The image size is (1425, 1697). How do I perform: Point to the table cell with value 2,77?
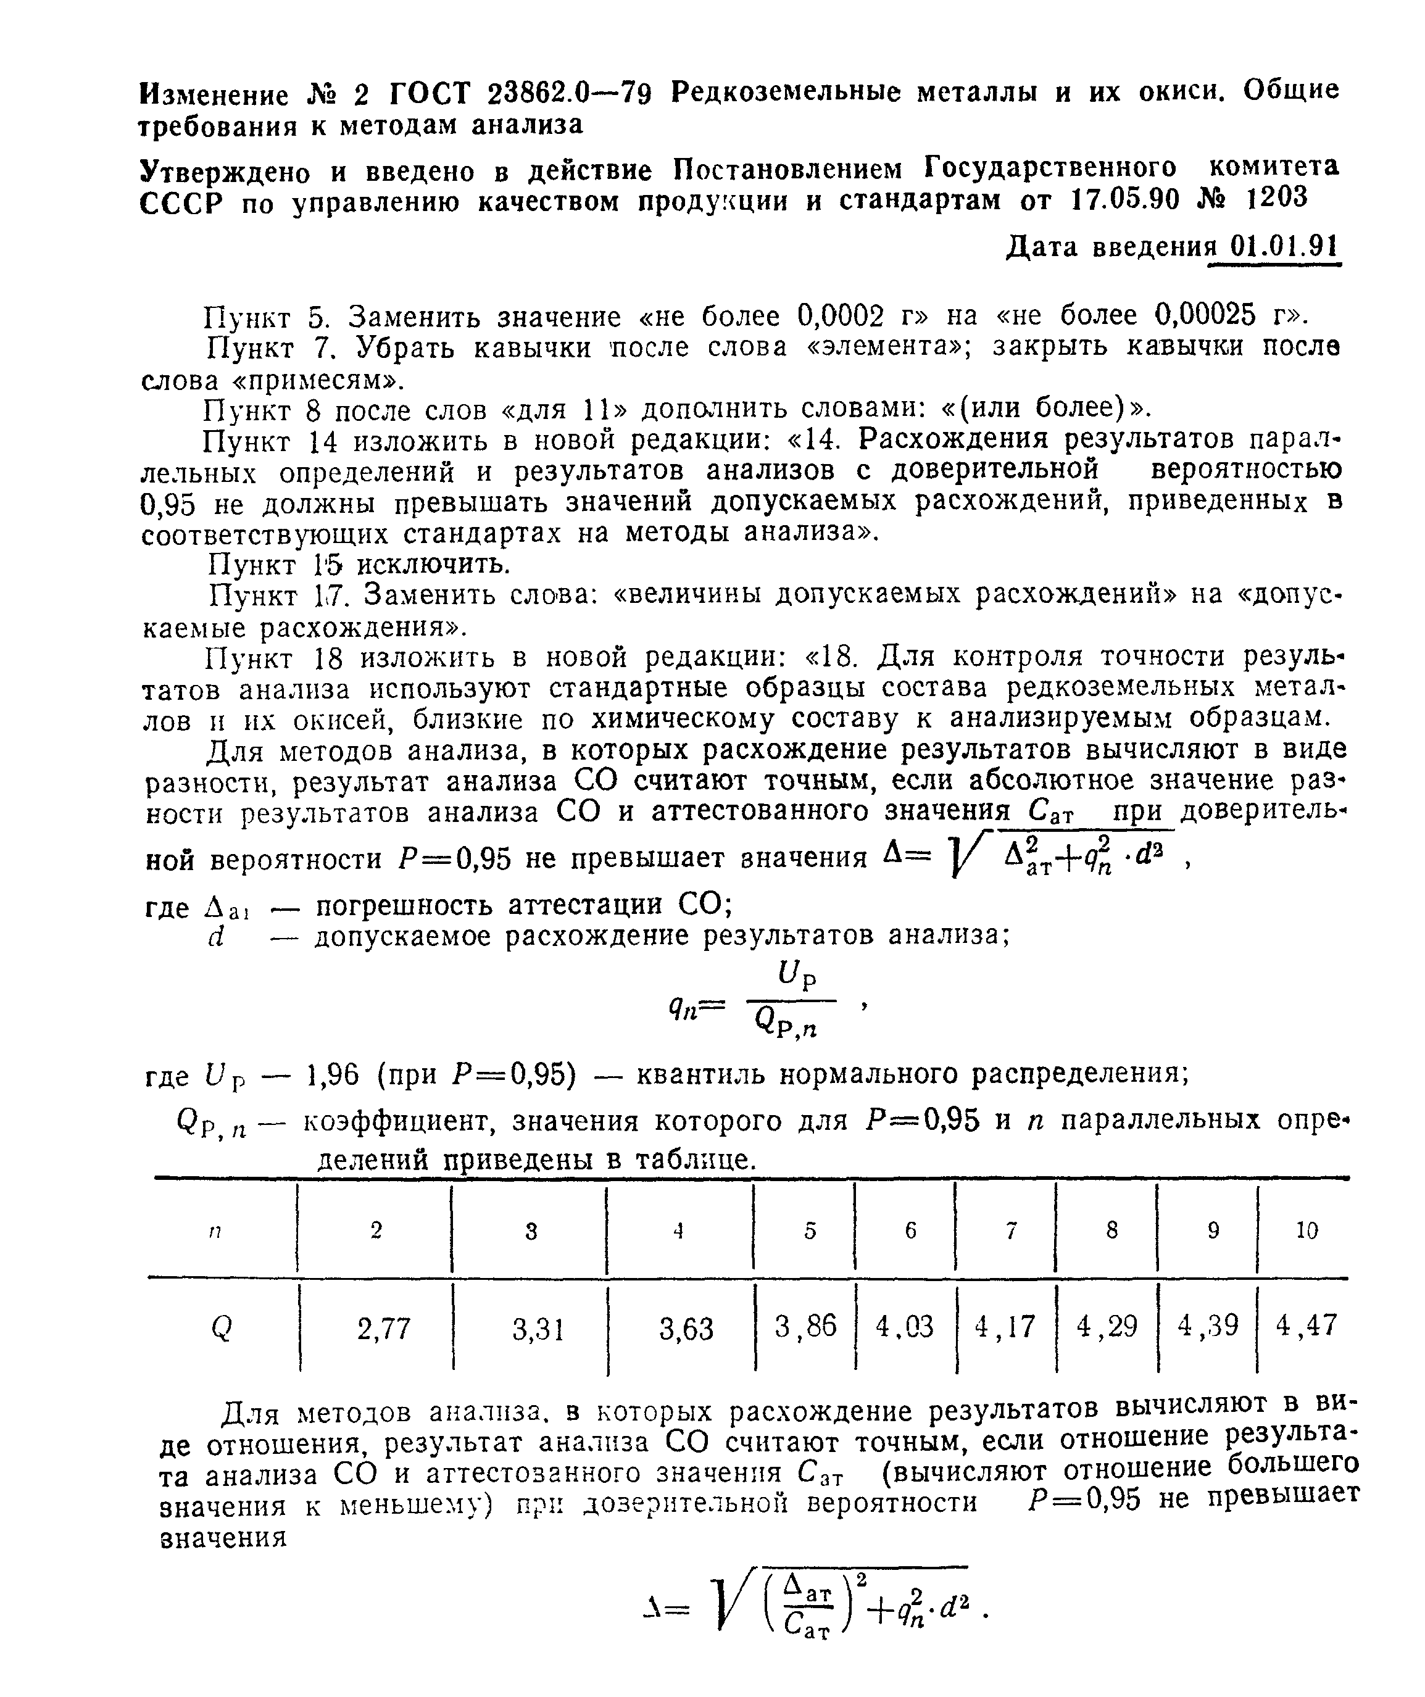coord(384,1329)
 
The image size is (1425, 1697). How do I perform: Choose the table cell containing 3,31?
coord(538,1329)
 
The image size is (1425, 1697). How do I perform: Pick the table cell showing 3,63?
coord(686,1329)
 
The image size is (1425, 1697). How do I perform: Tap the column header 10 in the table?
coord(1306,1230)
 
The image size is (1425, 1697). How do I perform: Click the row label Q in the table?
coord(221,1329)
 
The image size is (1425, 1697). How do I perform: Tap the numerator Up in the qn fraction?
coord(797,976)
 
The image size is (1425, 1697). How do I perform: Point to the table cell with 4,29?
coord(1107,1326)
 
